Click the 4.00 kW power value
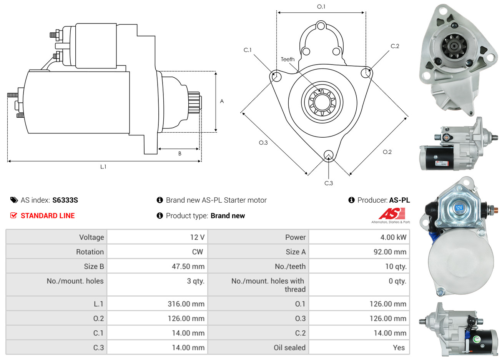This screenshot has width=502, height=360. click(393, 237)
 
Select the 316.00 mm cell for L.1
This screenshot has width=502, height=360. click(186, 304)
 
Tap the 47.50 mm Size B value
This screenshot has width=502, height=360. click(188, 266)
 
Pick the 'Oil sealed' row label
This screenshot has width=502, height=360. click(289, 347)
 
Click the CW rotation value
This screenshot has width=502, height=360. click(198, 252)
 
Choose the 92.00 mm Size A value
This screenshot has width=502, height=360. click(390, 252)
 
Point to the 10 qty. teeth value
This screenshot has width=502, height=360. click(396, 267)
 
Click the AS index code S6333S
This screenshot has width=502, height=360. click(65, 200)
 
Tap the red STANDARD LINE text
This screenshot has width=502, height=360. click(48, 215)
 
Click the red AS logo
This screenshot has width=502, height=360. click(392, 213)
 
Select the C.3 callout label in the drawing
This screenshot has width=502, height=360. click(329, 183)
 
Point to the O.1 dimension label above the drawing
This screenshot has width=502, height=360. click(321, 7)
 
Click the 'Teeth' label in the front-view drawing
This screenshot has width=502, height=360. click(288, 59)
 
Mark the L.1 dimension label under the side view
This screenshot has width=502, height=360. click(103, 167)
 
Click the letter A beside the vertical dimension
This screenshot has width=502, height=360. click(222, 101)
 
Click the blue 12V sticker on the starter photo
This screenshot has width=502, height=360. click(459, 208)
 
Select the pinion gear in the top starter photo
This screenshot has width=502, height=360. click(454, 47)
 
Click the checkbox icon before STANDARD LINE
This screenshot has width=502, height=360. click(13, 215)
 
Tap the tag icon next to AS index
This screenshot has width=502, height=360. click(14, 200)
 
